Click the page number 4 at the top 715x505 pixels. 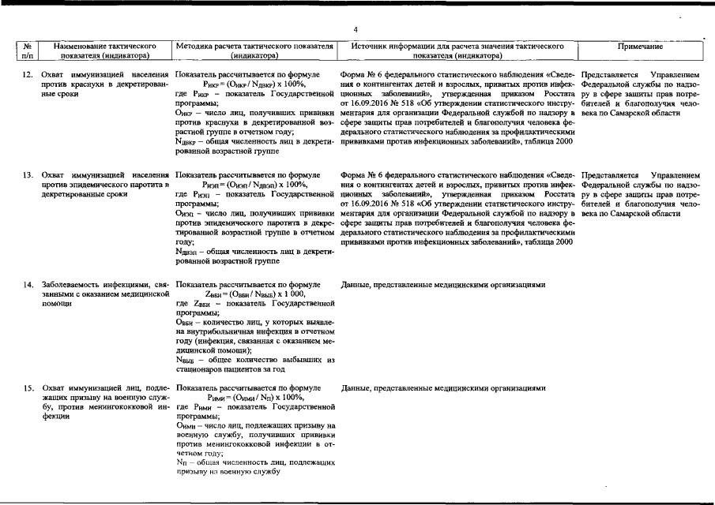[x=356, y=29]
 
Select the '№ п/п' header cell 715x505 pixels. [x=28, y=51]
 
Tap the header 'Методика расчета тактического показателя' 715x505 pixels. [x=254, y=47]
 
